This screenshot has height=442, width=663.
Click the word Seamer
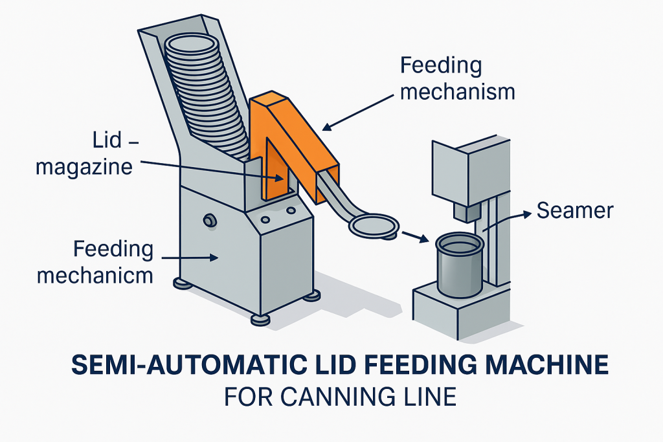coord(575,210)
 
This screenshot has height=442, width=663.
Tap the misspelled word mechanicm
coord(95,276)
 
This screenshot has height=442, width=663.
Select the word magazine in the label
coord(84,167)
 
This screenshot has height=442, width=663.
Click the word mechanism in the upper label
coord(458,91)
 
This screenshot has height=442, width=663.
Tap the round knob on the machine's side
coord(209,221)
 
